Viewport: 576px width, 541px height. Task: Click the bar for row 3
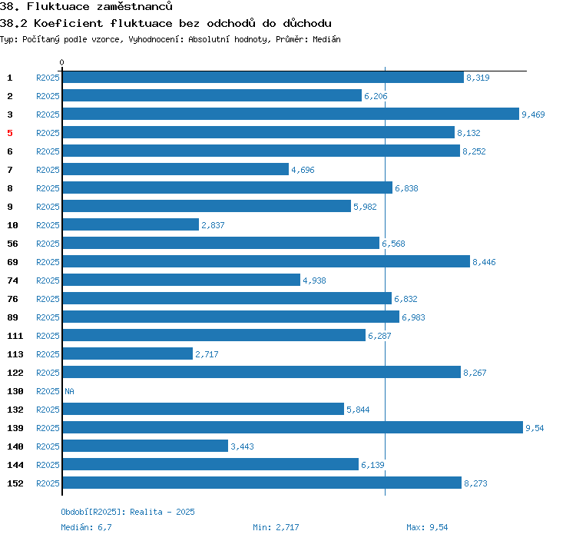290,114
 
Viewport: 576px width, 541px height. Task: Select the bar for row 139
292,427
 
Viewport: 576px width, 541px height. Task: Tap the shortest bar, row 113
127,353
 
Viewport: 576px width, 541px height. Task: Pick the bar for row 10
131,224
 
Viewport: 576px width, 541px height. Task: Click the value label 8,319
478,78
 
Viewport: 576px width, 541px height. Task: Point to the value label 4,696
303,170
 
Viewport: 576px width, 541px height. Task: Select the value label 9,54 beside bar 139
535,428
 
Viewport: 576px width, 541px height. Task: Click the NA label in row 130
69,391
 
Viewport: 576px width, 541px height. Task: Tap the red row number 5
10,133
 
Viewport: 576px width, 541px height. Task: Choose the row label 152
15,483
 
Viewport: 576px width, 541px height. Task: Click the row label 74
13,280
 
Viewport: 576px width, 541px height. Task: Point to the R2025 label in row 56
48,244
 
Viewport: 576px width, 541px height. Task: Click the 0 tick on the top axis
62,62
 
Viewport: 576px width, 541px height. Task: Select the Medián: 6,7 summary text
86,527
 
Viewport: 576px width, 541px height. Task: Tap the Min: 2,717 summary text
276,527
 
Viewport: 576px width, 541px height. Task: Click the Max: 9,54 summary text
427,527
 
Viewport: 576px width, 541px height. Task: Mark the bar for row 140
145,446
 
